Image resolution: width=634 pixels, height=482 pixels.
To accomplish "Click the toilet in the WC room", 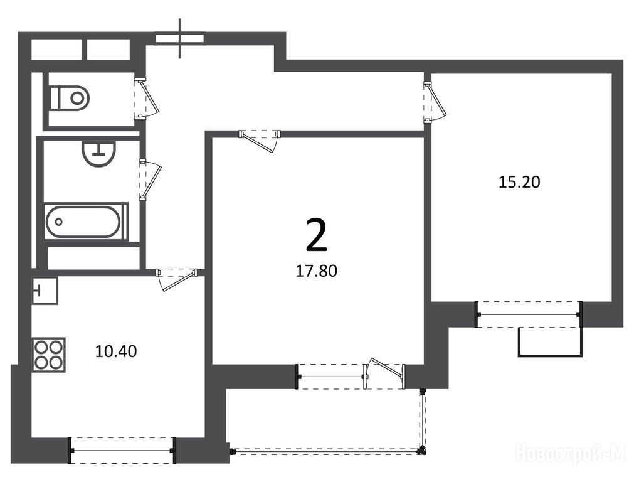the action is click(70, 97).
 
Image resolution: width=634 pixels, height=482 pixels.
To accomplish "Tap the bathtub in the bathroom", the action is click(83, 222).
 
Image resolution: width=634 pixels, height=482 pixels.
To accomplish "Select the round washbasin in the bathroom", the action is click(98, 153).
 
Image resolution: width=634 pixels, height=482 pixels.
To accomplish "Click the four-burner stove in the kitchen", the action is click(50, 355).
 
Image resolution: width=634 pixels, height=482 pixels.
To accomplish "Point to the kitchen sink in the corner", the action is click(45, 290).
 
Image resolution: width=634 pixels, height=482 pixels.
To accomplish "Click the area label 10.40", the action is click(116, 351).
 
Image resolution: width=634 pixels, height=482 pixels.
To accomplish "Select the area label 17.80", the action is click(316, 270).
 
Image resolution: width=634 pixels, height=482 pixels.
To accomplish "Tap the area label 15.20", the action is click(519, 182).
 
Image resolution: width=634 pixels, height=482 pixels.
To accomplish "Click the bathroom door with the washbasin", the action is click(150, 179).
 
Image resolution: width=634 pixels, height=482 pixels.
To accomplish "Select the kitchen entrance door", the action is click(176, 279).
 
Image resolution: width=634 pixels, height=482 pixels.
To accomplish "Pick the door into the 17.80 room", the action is click(259, 141).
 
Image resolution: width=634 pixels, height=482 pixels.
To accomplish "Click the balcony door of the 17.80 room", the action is click(384, 373).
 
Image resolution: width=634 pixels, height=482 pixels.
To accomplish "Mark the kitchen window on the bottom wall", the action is click(122, 451).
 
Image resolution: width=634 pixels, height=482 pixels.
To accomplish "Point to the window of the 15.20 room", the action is click(529, 315).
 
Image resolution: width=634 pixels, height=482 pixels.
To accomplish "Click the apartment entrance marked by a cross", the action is click(180, 38).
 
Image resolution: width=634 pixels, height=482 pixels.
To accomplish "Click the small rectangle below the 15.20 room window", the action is click(551, 343).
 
